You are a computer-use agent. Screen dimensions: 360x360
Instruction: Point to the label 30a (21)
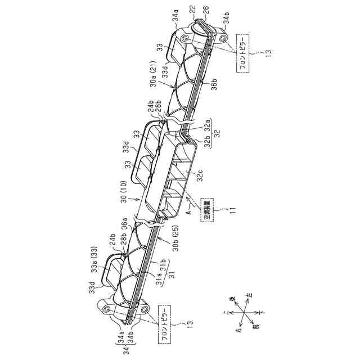click(x=156, y=78)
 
